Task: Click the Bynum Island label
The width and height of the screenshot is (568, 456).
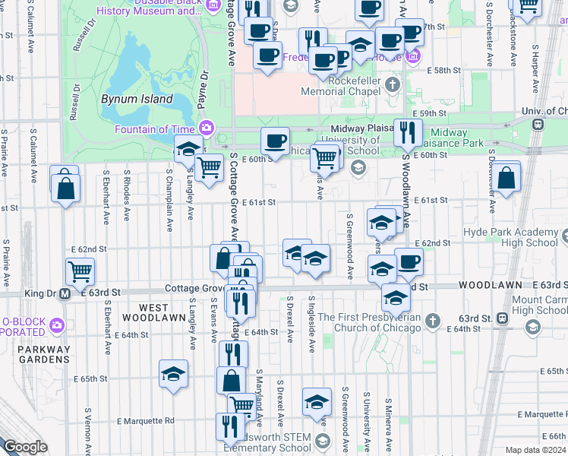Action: pos(137,99)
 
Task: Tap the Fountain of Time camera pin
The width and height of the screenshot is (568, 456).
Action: pos(205,128)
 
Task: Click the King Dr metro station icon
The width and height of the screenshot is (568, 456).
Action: pos(65,293)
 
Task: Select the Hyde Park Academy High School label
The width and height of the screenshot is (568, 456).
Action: pos(513,237)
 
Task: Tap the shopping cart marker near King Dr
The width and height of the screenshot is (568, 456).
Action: pos(80,271)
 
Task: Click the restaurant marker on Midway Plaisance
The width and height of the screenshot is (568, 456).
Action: pos(408,133)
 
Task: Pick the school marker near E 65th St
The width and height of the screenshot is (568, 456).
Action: pos(173,374)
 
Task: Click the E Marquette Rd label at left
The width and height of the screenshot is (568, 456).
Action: pos(146,420)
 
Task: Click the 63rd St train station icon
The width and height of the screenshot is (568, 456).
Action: pos(502,318)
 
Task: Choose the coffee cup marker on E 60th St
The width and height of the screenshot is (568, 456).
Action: pos(275,141)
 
